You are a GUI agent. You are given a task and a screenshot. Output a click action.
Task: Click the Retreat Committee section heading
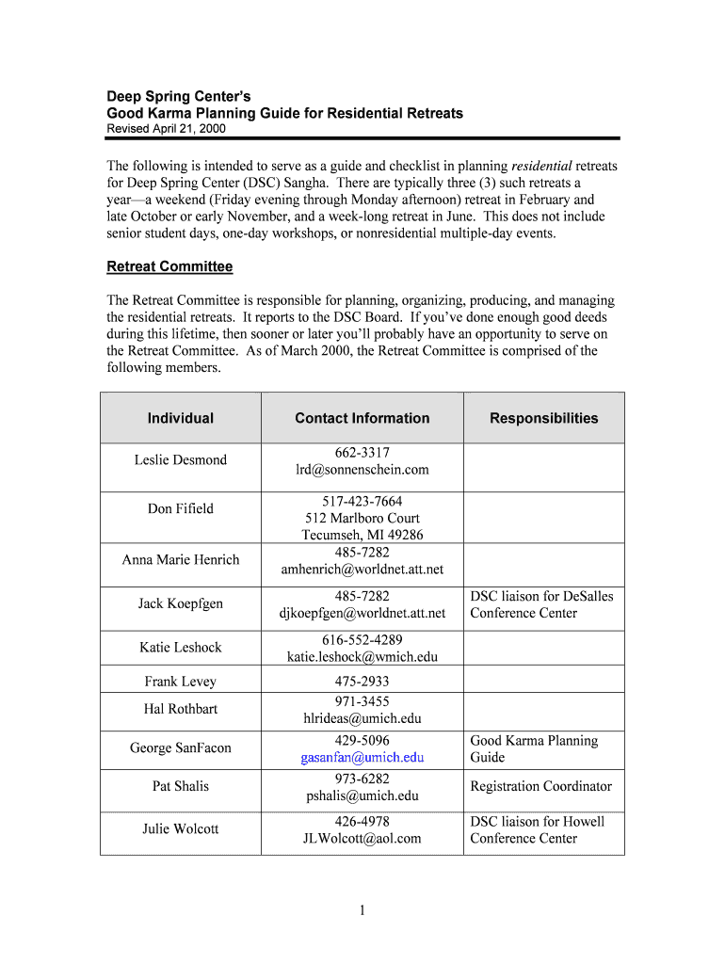[x=169, y=266]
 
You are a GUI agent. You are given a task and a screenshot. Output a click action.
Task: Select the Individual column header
[x=180, y=418]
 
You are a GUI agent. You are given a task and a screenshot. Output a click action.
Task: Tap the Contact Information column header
[x=362, y=418]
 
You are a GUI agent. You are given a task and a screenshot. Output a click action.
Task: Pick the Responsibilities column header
[x=543, y=418]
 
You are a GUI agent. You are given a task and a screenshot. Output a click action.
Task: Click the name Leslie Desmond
[x=180, y=459]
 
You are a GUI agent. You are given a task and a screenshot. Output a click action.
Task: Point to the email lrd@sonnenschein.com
[x=362, y=469]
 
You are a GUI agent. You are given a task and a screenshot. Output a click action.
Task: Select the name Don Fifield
[x=180, y=508]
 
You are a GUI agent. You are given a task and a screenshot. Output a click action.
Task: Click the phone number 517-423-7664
[x=362, y=501]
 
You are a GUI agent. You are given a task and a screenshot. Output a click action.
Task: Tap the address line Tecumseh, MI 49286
[x=362, y=535]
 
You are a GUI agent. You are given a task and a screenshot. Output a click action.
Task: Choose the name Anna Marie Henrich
[x=180, y=559]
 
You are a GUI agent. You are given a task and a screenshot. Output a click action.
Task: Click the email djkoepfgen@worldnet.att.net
[x=362, y=613]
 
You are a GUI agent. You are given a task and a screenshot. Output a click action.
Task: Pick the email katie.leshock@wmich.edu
[x=362, y=657]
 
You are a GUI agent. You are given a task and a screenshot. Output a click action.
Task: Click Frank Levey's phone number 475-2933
[x=362, y=681]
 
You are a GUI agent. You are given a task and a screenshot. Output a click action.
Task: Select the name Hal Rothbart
[x=180, y=708]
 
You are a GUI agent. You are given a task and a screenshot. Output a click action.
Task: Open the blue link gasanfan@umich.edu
[x=362, y=757]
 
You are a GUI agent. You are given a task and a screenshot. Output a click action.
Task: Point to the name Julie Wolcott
[x=180, y=828]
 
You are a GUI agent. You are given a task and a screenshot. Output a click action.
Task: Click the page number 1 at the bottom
[x=362, y=909]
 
